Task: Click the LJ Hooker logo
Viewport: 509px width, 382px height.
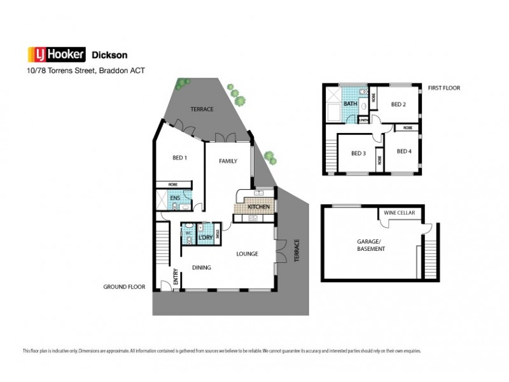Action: pos(55,54)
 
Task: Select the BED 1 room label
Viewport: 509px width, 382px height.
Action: pos(179,158)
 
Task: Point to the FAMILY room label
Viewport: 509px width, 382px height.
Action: pos(228,161)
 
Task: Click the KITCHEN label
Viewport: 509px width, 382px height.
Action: pos(258,208)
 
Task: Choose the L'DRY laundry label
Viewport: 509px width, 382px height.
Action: pos(205,238)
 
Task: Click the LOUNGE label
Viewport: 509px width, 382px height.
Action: pos(247,254)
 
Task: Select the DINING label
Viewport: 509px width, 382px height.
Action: pos(202,267)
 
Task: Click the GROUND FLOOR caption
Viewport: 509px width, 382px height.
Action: pos(124,287)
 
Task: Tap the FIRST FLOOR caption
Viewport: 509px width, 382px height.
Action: pos(443,88)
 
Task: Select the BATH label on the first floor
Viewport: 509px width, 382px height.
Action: pos(350,104)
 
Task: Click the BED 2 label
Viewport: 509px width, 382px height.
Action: pos(398,104)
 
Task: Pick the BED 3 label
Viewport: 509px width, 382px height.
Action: pos(358,153)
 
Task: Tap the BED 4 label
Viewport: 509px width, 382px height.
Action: pos(404,151)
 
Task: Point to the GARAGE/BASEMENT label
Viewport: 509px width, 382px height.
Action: pos(371,245)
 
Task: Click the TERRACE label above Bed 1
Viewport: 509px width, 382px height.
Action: pos(202,110)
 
